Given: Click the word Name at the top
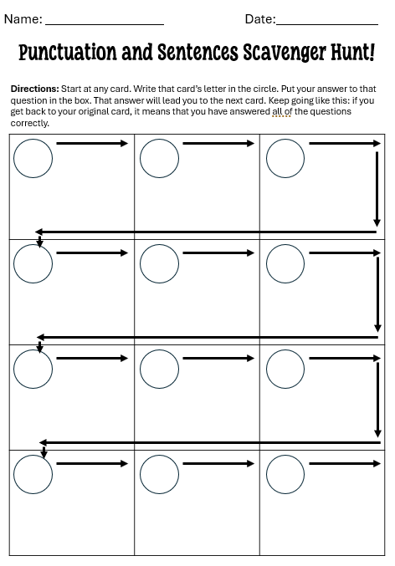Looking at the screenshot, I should coord(23,18).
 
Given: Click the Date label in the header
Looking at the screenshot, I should coord(259,18).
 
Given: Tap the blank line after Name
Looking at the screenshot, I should coord(104,23).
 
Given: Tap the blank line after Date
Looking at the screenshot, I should coord(327,23).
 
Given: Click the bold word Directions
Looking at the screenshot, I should coord(34,89).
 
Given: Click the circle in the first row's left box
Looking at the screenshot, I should coord(33,158).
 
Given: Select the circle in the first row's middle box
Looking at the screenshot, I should coord(160,158).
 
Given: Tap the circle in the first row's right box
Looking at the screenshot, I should coord(285,158).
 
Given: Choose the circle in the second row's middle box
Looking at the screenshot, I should coord(160,263).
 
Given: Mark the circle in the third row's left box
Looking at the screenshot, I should coord(33,369).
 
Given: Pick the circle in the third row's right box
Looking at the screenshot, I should coord(285,369).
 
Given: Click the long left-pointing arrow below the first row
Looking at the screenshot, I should coord(205,232).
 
